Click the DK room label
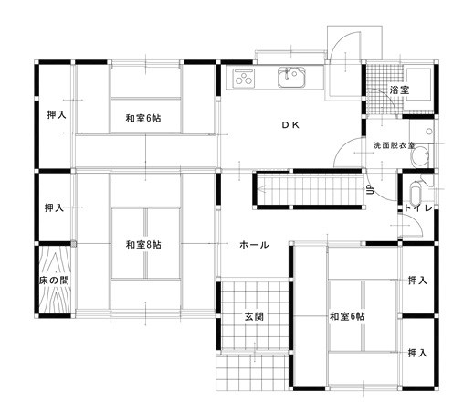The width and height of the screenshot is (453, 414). (290, 125)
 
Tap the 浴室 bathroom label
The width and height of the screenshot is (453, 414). (399, 90)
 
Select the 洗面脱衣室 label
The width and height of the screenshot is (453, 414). (394, 145)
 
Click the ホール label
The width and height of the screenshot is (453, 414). (253, 245)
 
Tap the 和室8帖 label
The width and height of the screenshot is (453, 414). (144, 244)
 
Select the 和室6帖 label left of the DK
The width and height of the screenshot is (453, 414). (144, 116)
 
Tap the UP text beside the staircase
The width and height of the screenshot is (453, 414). (370, 190)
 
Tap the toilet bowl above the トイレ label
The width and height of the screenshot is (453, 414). (416, 194)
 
